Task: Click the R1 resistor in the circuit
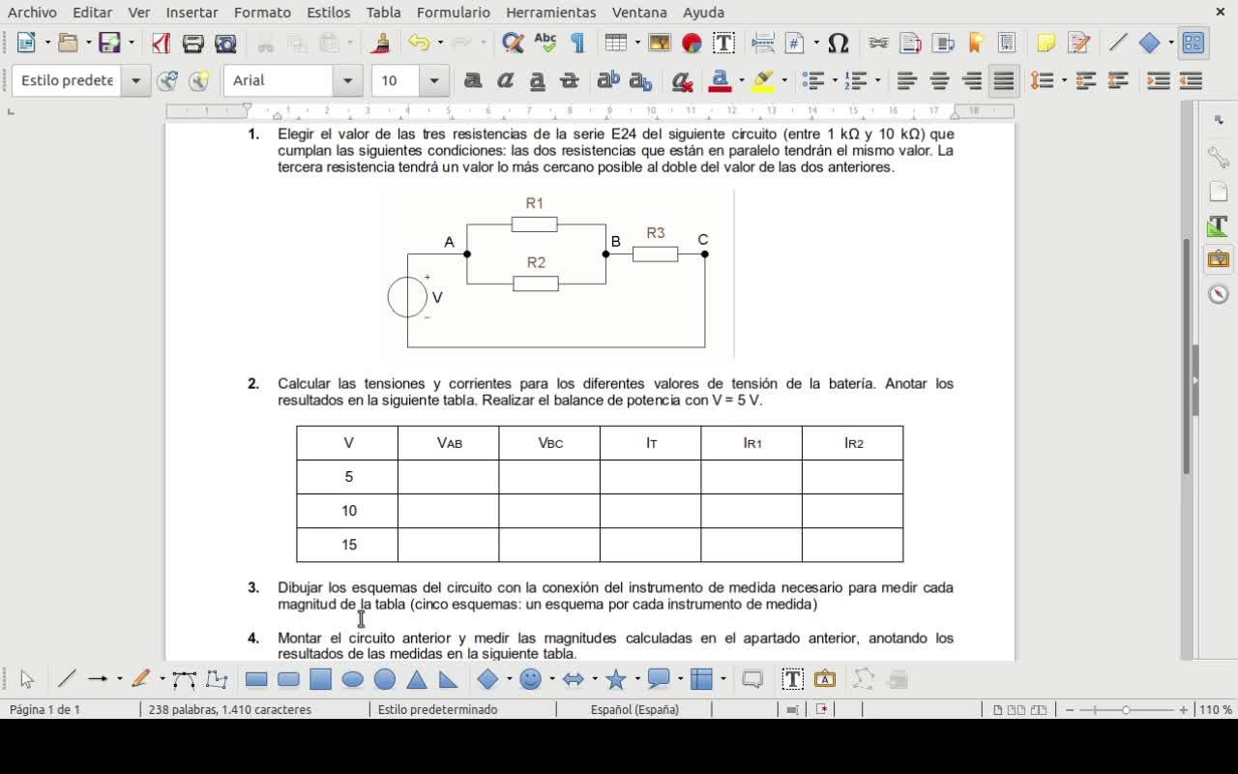point(535,224)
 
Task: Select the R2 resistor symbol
point(536,283)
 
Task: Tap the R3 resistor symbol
point(655,253)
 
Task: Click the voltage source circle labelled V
point(407,297)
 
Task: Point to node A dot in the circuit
point(467,253)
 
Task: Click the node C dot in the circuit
point(705,253)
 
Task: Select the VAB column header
point(449,443)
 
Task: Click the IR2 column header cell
point(853,443)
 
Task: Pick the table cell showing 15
point(348,545)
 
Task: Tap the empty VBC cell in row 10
point(549,511)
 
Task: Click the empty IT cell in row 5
point(651,477)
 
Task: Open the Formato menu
point(262,13)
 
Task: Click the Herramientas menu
point(550,13)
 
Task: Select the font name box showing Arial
point(280,80)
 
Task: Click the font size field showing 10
point(396,80)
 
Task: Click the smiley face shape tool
point(530,679)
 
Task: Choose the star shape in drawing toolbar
point(616,679)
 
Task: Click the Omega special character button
point(839,43)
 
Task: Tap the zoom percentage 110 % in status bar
point(1216,709)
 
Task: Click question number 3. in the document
point(253,587)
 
